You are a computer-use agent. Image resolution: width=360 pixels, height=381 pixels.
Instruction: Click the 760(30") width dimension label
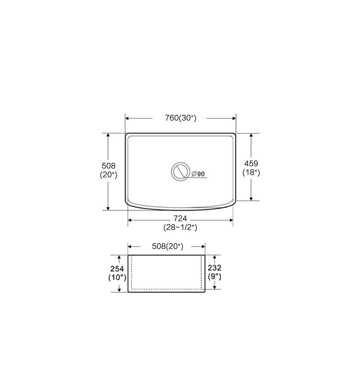point(180,118)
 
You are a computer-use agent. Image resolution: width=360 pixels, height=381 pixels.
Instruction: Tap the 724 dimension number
point(180,218)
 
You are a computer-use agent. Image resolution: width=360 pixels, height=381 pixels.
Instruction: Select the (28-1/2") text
point(180,227)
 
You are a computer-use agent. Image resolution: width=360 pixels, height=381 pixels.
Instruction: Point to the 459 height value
point(251,163)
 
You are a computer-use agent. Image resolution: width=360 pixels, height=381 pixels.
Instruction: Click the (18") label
point(251,173)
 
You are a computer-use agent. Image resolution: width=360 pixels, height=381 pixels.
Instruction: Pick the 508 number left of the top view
point(108,166)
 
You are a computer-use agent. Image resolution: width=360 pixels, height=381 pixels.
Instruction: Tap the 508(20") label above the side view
point(167,247)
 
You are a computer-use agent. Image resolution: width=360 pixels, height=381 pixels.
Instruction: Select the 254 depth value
point(117,269)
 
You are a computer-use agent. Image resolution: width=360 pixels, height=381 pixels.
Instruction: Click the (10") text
point(117,277)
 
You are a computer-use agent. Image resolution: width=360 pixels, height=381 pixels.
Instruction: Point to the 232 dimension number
point(215,268)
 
